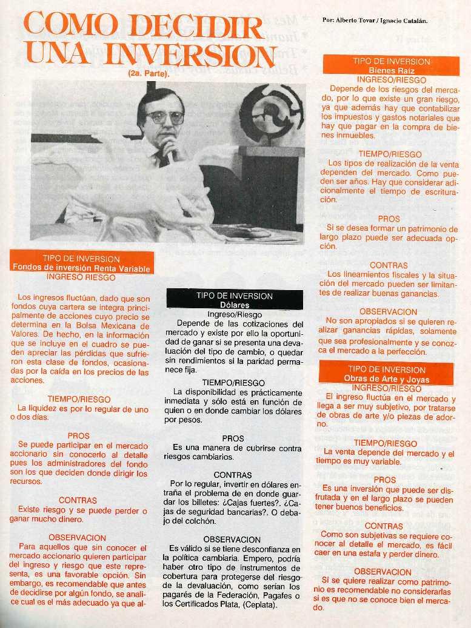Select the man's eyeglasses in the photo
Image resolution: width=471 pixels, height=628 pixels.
164,117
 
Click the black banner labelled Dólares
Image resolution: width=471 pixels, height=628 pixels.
235,300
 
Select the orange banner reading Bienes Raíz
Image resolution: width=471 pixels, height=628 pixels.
391,65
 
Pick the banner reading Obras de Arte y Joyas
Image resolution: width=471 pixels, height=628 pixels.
386,373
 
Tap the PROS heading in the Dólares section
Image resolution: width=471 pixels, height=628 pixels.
233,438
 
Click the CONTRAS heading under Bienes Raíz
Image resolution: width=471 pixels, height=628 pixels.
389,265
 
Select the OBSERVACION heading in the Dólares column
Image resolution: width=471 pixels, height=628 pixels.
232,538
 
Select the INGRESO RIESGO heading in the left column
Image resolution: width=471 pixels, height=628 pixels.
81,277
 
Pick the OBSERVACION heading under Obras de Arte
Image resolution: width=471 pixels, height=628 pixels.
382,571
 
